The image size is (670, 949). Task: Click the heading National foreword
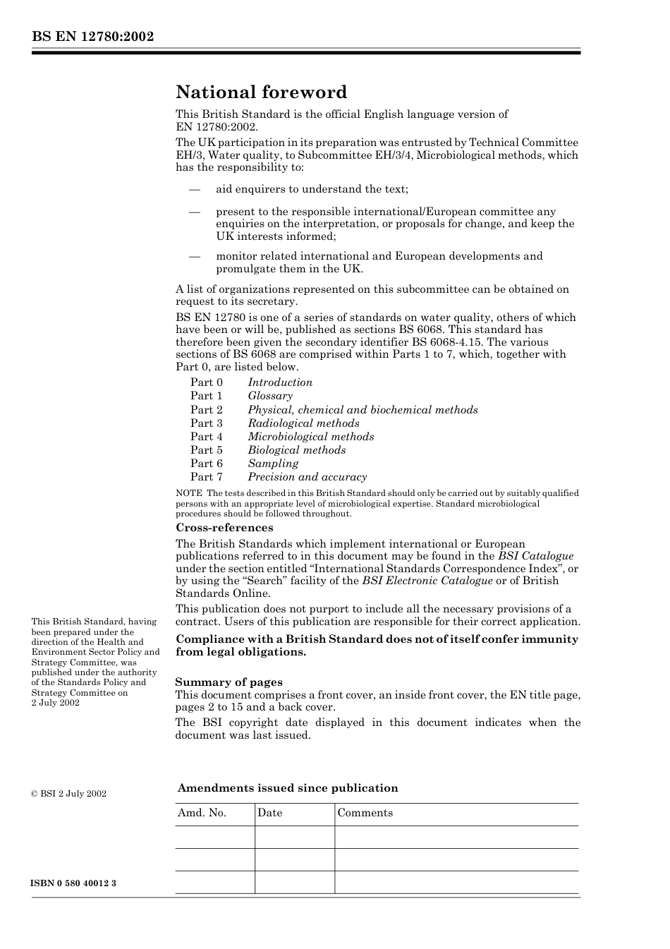coord(262,92)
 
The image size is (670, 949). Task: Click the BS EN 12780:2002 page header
coord(92,37)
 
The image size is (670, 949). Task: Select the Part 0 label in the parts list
coord(207,382)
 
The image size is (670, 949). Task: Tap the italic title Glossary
coord(270,396)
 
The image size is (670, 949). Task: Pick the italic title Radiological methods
coord(303,423)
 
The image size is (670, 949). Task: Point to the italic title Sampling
coord(273,464)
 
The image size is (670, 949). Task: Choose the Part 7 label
coord(207,477)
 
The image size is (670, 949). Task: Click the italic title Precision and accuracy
coord(307,477)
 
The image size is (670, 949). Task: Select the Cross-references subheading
coord(224,528)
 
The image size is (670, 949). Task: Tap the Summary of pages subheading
coord(229,682)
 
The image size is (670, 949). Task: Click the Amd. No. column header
coord(202,813)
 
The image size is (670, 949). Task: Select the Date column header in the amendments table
coord(270,813)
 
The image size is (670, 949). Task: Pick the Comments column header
coord(365,813)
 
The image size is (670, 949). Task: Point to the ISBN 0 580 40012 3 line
coord(74,883)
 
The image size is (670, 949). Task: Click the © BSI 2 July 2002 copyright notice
coord(69,794)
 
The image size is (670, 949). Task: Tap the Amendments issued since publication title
coord(288,788)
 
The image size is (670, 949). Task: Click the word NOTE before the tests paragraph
coord(189,493)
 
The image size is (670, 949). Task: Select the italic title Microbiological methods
coord(311,437)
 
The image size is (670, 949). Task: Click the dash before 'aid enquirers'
coord(195,189)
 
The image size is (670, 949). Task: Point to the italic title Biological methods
coord(297,450)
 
